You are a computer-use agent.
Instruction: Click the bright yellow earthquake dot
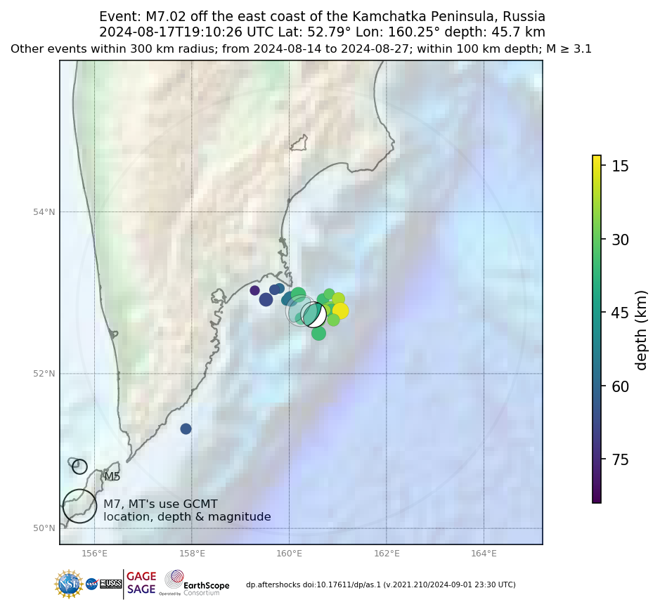pyautogui.click(x=340, y=311)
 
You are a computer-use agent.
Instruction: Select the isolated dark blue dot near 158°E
pyautogui.click(x=186, y=429)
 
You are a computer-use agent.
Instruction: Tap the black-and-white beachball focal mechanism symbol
pyautogui.click(x=313, y=315)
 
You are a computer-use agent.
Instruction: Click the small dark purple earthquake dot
pyautogui.click(x=254, y=290)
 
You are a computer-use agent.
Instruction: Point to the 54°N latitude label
pyautogui.click(x=45, y=212)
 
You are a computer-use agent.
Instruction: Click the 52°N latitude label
pyautogui.click(x=45, y=374)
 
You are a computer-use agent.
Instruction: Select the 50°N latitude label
pyautogui.click(x=45, y=528)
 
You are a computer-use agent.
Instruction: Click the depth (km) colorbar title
pyautogui.click(x=641, y=329)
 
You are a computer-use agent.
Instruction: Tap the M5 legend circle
pyautogui.click(x=79, y=466)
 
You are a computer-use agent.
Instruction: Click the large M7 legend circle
pyautogui.click(x=79, y=506)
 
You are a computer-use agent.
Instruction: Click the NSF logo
pyautogui.click(x=69, y=584)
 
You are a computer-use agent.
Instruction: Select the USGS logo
pyautogui.click(x=110, y=584)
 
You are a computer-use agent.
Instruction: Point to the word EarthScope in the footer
pyautogui.click(x=207, y=585)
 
